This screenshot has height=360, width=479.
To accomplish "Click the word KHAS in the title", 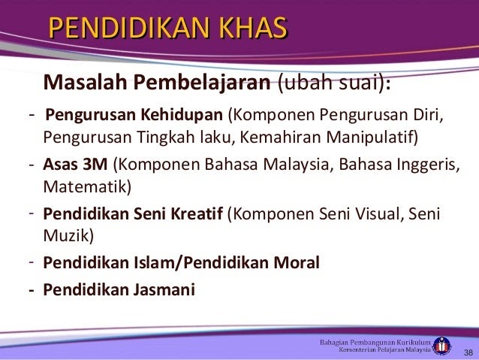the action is coord(253,28).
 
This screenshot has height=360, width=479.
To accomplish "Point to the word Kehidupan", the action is coord(182,115).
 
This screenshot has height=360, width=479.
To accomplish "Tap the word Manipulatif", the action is coord(372,137).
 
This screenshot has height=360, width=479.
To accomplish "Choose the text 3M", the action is coord(95,165).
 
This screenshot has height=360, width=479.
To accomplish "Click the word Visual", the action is coord(379,213).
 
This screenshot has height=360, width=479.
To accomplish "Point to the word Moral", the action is coord(297,262).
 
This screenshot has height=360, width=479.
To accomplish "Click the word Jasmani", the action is coord(164,289).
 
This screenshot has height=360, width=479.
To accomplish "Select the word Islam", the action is coord(154,262).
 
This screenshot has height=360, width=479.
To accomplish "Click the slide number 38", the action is coord(468,352).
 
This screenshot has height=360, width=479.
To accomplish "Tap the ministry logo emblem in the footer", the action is coord(441,346).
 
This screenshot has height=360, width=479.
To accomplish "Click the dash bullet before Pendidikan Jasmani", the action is coord(32,290).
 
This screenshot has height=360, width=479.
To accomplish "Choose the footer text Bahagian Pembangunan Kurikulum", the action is coord(375,342).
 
